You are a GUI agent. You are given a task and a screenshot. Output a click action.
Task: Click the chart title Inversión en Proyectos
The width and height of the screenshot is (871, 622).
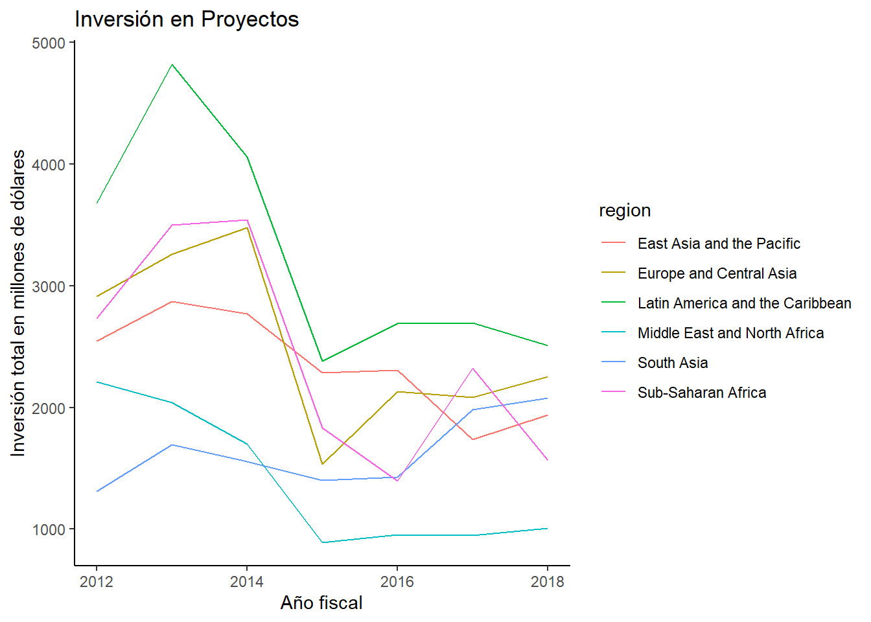pyautogui.click(x=187, y=19)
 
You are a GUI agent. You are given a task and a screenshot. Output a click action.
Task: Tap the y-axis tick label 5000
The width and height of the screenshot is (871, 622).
pyautogui.click(x=49, y=43)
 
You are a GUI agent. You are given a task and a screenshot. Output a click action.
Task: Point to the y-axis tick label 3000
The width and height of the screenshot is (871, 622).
pyautogui.click(x=49, y=286)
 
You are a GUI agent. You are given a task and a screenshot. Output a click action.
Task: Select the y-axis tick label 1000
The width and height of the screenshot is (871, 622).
pyautogui.click(x=49, y=530)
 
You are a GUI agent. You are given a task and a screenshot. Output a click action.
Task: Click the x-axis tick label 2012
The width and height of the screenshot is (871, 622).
pyautogui.click(x=97, y=582)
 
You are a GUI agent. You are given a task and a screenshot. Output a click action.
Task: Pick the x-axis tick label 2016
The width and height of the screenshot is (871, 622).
pyautogui.click(x=397, y=582)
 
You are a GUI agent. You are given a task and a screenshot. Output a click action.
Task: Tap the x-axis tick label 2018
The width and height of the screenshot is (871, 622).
pyautogui.click(x=548, y=582)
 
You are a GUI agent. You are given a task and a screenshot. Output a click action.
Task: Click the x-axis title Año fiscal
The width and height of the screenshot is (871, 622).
pyautogui.click(x=321, y=603)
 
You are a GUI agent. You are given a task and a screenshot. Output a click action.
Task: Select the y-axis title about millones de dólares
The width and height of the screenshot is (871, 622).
pyautogui.click(x=18, y=303)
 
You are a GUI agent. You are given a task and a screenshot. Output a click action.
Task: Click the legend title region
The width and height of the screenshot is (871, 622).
pyautogui.click(x=625, y=211)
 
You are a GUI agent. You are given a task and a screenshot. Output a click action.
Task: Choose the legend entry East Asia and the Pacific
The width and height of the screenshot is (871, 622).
pyautogui.click(x=719, y=244)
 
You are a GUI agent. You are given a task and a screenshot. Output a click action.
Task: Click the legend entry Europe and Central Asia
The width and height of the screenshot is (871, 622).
pyautogui.click(x=717, y=273)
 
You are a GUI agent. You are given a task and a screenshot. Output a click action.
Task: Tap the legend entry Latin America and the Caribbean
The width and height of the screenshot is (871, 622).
pyautogui.click(x=744, y=303)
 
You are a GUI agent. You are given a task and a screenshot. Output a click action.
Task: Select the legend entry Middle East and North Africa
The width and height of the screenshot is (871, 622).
pyautogui.click(x=730, y=333)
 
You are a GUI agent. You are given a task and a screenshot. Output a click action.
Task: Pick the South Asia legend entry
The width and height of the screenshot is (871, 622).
pyautogui.click(x=673, y=363)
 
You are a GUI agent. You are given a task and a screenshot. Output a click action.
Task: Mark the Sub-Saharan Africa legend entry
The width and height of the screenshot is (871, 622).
pyautogui.click(x=702, y=393)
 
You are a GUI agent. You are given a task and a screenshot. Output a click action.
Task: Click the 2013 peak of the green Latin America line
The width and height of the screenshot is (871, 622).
pyautogui.click(x=172, y=65)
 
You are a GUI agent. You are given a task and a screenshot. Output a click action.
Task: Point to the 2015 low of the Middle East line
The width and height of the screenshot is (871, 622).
pyautogui.click(x=322, y=542)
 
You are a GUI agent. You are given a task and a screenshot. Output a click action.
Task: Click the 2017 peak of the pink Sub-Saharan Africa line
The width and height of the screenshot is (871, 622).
pyautogui.click(x=473, y=369)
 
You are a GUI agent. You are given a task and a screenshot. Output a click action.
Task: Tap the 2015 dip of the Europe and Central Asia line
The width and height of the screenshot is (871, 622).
pyautogui.click(x=322, y=464)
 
